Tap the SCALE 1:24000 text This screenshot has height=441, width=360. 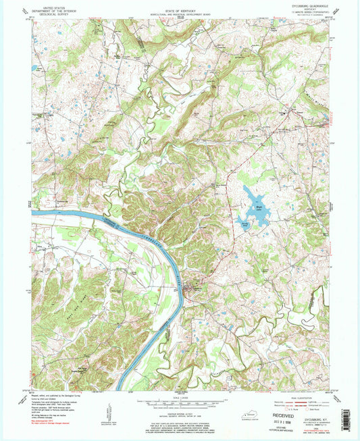[x=180, y=396]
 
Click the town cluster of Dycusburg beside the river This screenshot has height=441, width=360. [x=195, y=288]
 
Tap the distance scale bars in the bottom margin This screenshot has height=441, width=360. [x=180, y=406]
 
